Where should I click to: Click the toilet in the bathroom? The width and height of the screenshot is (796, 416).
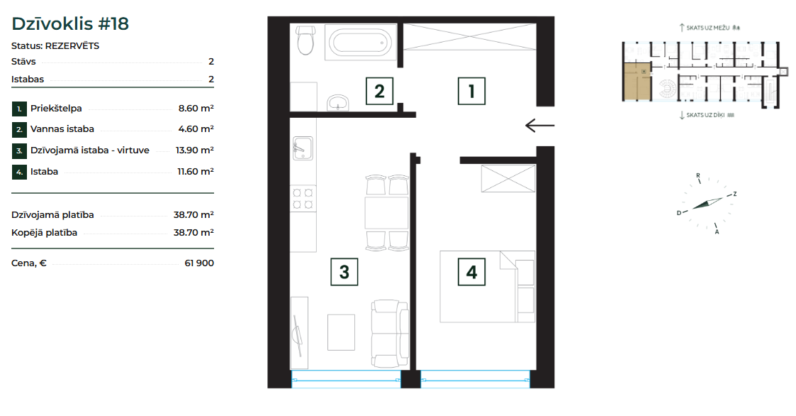coord(305,40)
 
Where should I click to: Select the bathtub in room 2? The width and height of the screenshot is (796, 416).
coord(360,42)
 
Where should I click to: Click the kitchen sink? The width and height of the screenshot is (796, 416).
coord(303,148)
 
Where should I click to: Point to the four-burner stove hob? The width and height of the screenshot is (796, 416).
coord(303,198)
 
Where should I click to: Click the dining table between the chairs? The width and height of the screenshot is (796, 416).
coord(386,213)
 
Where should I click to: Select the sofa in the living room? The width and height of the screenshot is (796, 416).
coord(390,334)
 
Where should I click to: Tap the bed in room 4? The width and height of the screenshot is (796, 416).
coord(488,286)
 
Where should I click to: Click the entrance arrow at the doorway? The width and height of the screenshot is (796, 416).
coord(539,125)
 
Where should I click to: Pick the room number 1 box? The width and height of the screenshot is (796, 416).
coord(471,92)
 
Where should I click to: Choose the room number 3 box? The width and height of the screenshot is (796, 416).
coord(344,272)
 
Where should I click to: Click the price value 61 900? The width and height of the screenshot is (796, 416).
coord(199,263)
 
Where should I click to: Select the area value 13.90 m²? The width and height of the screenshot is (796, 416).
coord(194,150)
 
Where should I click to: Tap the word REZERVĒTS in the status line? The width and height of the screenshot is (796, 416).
coord(72,45)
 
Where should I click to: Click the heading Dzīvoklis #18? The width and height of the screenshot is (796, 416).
coord(70,23)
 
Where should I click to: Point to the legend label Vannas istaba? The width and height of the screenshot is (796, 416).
coord(62,129)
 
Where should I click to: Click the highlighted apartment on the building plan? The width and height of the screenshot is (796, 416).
coord(637,82)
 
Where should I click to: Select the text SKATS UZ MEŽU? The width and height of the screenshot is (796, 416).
coord(707,28)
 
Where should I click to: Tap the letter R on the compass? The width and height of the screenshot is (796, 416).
coord(698,175)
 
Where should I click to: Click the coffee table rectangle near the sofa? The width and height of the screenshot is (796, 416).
coord(341,332)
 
